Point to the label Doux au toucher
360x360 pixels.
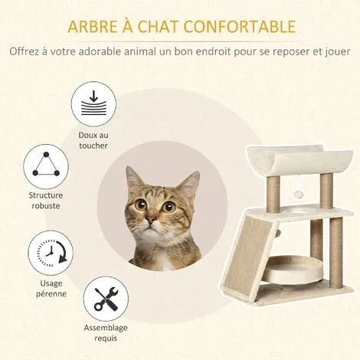pyautogui.click(x=92, y=140)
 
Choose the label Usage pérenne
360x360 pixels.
pyautogui.click(x=47, y=289)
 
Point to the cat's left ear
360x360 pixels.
pyautogui.click(x=187, y=184)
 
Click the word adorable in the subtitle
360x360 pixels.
pyautogui.click(x=146, y=53)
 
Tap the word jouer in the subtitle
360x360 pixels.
pyautogui.click(x=336, y=53)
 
